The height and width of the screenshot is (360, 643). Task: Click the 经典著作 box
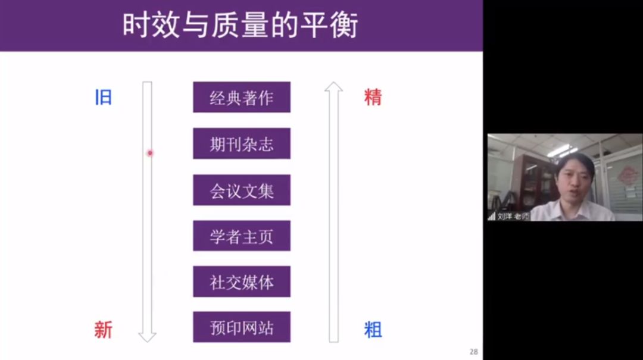click(242, 97)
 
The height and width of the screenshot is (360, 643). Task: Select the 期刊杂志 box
click(242, 143)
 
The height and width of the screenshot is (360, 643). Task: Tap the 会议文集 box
click(242, 190)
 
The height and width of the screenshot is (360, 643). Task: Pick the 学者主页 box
click(242, 236)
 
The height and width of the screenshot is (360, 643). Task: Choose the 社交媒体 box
click(242, 281)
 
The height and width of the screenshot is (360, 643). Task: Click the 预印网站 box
click(242, 327)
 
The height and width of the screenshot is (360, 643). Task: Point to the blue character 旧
click(104, 98)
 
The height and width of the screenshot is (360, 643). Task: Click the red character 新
click(103, 330)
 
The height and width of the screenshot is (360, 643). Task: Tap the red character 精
click(373, 98)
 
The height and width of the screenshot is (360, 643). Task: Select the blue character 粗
click(373, 330)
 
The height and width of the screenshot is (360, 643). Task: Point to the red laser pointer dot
click(150, 153)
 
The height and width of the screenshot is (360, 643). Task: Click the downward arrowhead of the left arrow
click(147, 337)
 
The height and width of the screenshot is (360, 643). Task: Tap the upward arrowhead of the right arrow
click(333, 86)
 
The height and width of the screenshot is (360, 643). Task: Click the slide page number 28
click(474, 352)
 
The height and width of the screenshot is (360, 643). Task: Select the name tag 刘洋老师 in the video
click(513, 217)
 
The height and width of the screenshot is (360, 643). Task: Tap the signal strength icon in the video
click(492, 217)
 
